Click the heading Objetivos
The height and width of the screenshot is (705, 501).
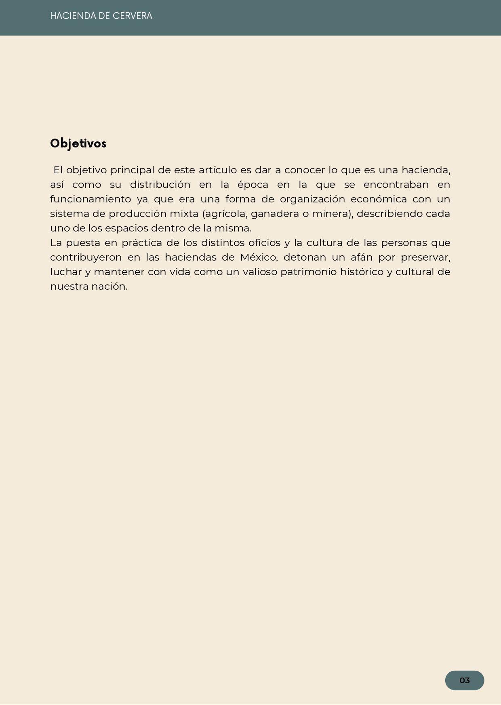click(78, 144)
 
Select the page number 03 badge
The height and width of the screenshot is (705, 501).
click(464, 680)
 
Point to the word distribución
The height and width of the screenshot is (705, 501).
click(160, 185)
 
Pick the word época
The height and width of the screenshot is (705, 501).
click(253, 185)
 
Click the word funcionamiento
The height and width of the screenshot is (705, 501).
click(91, 199)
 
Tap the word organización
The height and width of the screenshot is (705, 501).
click(312, 199)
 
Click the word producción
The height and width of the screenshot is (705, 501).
click(137, 214)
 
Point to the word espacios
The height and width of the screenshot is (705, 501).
click(126, 228)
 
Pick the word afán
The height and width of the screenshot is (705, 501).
click(361, 257)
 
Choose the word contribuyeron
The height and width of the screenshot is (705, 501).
click(86, 257)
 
